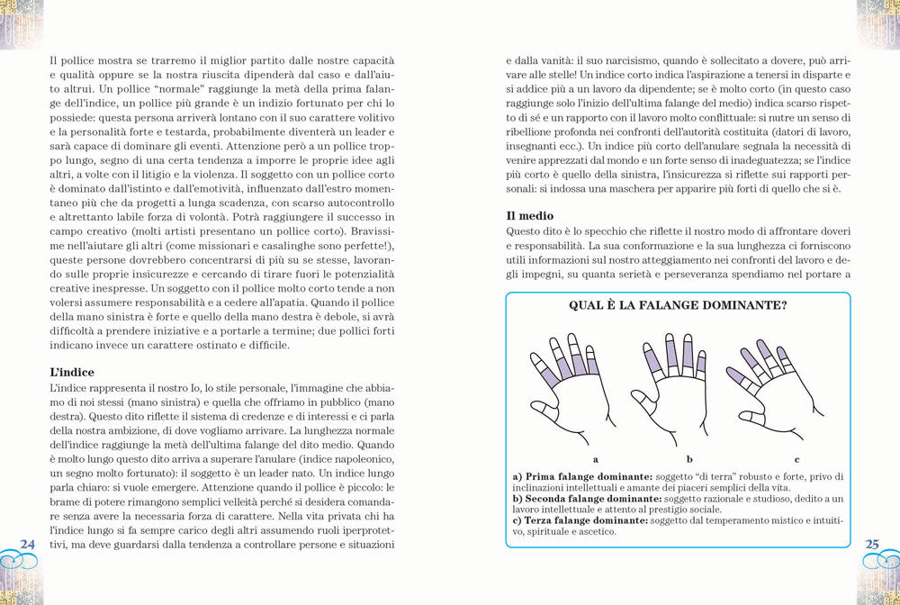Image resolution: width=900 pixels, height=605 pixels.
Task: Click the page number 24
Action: pos(27,543)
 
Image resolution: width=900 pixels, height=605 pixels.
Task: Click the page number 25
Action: pos(872,544)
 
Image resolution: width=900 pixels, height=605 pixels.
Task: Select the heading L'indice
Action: pos(73,372)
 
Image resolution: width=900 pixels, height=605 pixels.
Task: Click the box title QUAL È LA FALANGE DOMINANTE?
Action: pos(678,305)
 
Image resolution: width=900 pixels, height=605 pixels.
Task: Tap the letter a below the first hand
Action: pos(596,458)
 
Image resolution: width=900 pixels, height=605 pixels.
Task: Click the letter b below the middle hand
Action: pos(689,458)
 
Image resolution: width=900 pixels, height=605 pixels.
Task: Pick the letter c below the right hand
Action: pos(796,458)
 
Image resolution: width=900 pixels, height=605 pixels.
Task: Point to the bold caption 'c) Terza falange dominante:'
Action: pos(580,519)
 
